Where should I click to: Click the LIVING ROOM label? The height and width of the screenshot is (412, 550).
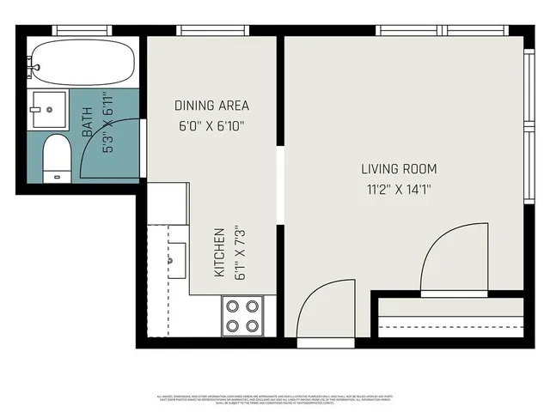[399, 168]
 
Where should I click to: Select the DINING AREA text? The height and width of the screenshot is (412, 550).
[211, 106]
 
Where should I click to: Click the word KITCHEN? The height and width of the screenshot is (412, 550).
[220, 251]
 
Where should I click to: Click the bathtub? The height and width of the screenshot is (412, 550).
[82, 61]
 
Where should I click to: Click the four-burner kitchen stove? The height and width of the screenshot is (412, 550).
[242, 315]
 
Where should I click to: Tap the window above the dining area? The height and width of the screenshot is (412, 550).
[212, 31]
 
